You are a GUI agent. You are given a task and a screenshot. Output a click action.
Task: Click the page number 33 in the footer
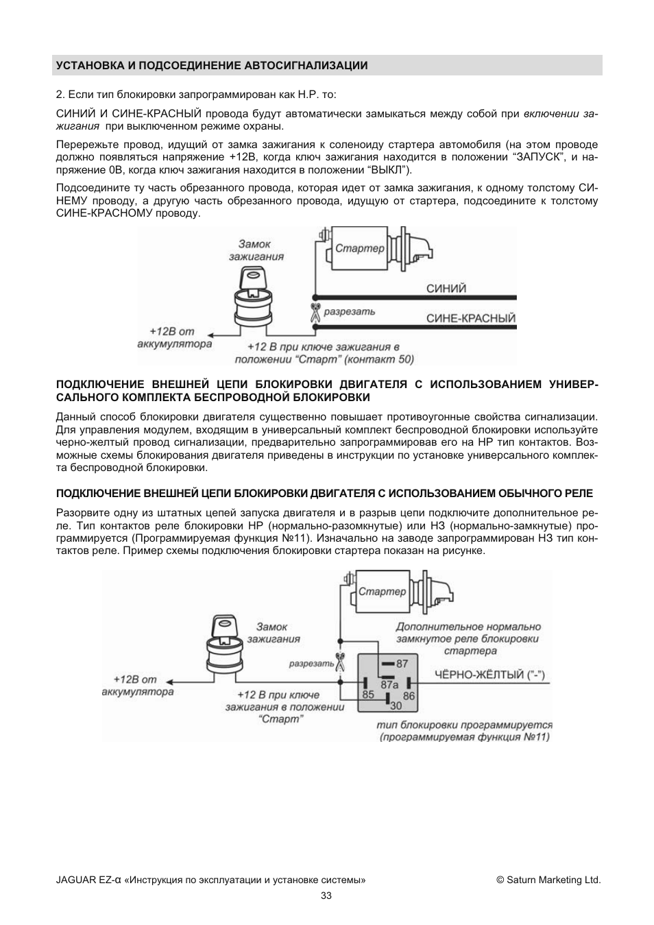point(326,896)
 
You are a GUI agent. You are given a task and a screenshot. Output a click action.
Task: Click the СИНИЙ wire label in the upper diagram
point(446,289)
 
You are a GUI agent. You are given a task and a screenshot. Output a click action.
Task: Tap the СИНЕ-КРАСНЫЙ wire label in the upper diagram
point(470,318)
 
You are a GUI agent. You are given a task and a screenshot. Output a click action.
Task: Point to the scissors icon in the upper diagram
point(314,312)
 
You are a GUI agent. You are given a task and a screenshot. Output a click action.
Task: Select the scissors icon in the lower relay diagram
point(339,661)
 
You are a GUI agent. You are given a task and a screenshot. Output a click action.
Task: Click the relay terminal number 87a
point(389,684)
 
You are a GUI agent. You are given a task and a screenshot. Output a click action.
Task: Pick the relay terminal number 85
point(368,695)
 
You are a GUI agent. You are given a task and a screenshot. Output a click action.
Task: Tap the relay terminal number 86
point(409,695)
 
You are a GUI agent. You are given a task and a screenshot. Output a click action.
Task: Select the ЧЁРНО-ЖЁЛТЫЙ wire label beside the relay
point(490,675)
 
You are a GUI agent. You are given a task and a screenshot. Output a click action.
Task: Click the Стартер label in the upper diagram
point(360,248)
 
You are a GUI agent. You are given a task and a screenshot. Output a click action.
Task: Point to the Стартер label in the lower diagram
point(383,591)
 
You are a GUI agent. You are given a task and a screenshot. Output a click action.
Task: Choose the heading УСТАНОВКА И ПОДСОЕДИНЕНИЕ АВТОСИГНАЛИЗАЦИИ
point(212,66)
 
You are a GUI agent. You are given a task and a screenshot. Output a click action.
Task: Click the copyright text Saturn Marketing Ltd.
point(548,880)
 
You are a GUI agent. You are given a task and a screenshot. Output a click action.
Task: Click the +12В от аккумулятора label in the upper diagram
point(175,337)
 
